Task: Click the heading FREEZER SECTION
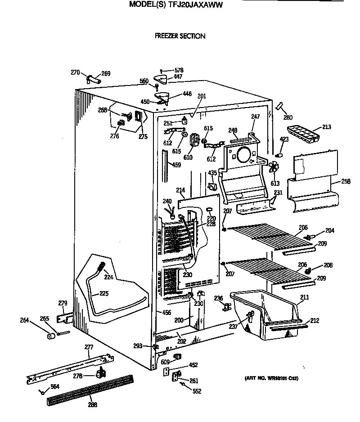click(180, 36)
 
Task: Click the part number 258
click(346, 181)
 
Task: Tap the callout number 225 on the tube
click(104, 294)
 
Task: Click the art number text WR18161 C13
click(271, 378)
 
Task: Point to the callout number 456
click(166, 312)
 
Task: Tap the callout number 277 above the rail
click(89, 347)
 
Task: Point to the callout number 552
click(197, 391)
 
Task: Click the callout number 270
click(75, 72)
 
